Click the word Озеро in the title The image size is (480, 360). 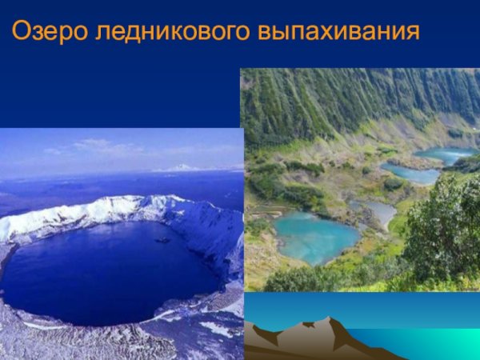pyautogui.click(x=48, y=32)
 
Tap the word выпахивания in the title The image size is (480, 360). pyautogui.click(x=338, y=33)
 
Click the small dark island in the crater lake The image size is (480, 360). pyautogui.click(x=163, y=239)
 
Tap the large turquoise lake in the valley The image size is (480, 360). pyautogui.click(x=316, y=237)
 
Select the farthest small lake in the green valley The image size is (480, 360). pyautogui.click(x=444, y=154)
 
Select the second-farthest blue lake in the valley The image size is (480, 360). pyautogui.click(x=410, y=173)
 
